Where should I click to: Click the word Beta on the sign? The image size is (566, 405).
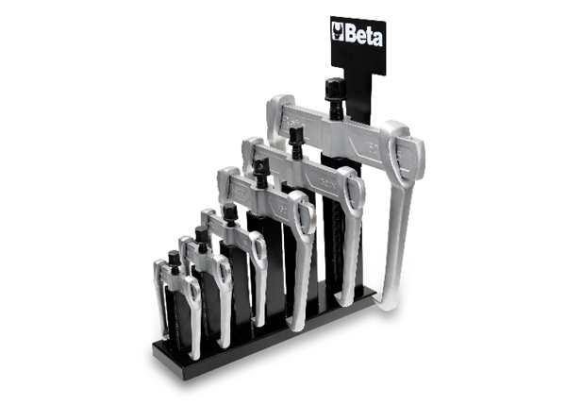click(363, 36)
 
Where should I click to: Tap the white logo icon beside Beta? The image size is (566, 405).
click(338, 31)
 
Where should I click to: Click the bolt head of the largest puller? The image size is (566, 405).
click(335, 89)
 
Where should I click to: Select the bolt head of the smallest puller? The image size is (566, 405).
click(174, 258)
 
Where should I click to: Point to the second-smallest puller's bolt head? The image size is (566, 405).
click(201, 235)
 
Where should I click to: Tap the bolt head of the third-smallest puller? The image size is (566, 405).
click(229, 211)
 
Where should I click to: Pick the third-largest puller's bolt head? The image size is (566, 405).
click(260, 167)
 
